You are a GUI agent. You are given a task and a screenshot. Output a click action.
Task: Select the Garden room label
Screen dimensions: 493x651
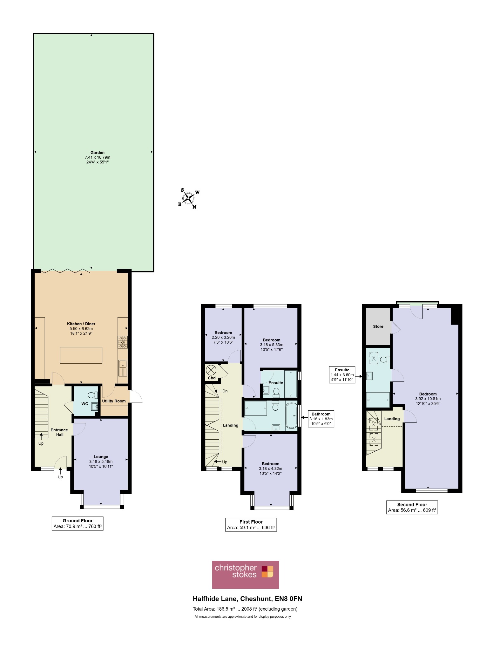(x=97, y=153)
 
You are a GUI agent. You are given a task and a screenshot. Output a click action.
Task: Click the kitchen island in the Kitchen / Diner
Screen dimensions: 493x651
(x=81, y=355)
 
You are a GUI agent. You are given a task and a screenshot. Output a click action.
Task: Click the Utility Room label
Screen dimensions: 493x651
(x=114, y=401)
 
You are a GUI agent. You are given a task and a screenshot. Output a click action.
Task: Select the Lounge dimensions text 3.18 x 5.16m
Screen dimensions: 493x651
(x=101, y=462)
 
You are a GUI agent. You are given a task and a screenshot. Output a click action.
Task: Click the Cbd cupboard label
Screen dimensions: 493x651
(x=212, y=378)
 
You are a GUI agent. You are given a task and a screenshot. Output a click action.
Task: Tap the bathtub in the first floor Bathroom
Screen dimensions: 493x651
(x=291, y=416)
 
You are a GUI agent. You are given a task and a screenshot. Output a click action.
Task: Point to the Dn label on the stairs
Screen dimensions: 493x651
(x=225, y=391)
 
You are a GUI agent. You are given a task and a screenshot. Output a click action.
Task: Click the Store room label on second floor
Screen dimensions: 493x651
(x=378, y=326)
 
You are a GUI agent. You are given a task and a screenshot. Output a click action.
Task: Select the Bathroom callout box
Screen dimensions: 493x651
(x=321, y=419)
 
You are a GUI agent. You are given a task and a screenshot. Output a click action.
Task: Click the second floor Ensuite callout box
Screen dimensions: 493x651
(x=342, y=375)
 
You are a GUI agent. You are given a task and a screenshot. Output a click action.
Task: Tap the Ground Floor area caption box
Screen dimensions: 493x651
(x=78, y=523)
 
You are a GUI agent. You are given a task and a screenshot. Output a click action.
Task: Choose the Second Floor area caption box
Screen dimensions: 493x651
(x=412, y=507)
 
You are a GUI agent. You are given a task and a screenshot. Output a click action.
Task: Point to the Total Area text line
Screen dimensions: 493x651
(x=245, y=609)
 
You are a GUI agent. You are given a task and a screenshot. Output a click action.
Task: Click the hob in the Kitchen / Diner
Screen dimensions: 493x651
(x=123, y=342)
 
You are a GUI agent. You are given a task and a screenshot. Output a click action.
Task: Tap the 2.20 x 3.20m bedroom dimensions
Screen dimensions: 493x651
(x=223, y=338)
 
